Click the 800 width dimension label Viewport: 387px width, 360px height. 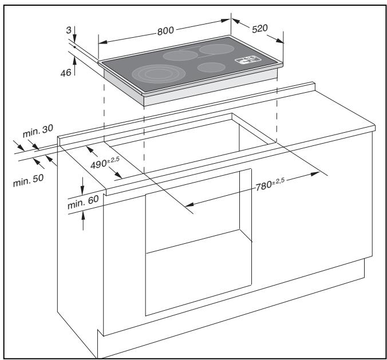pyautogui.click(x=165, y=30)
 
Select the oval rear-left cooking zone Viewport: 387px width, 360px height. pyautogui.click(x=179, y=56)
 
